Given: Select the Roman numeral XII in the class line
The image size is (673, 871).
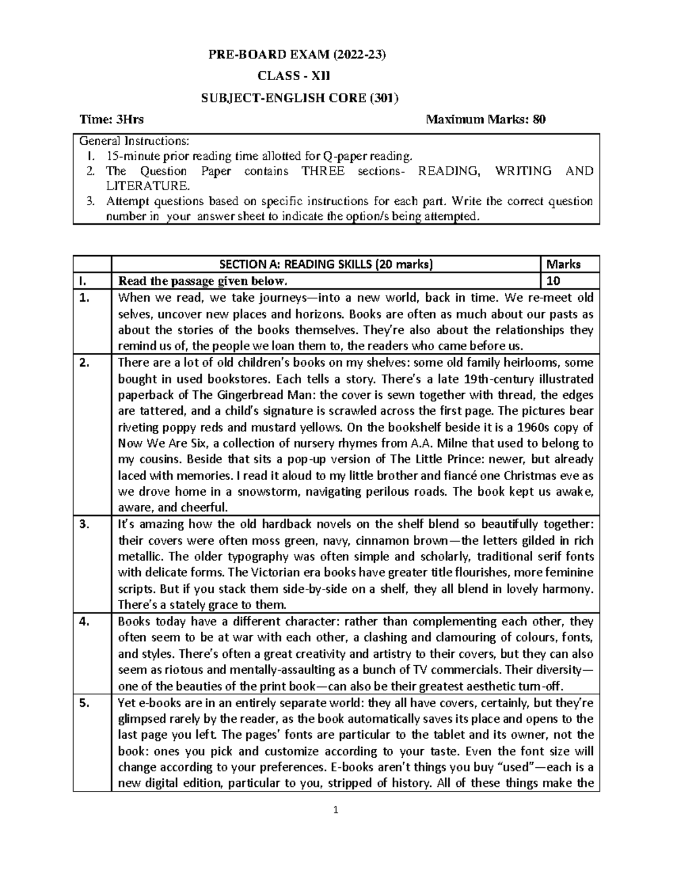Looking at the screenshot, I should click(x=326, y=76).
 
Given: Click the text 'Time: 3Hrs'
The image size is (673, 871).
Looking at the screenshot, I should click(x=112, y=119).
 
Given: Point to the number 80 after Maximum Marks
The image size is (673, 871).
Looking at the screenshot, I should click(x=539, y=119).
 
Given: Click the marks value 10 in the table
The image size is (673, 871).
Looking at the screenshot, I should click(x=554, y=280).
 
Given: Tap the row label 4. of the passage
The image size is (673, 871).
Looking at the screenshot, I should click(x=84, y=621).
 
